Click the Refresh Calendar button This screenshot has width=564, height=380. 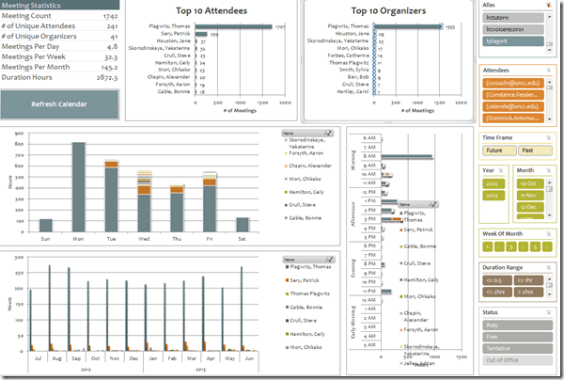pyautogui.click(x=58, y=103)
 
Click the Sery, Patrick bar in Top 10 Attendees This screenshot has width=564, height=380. pyautogui.click(x=200, y=34)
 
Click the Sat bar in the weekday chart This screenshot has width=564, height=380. pyautogui.click(x=243, y=225)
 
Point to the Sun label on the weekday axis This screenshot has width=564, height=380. pyautogui.click(x=45, y=239)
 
